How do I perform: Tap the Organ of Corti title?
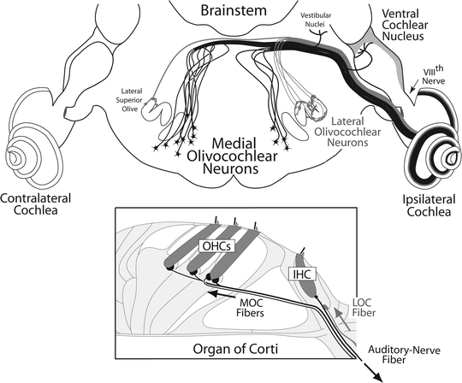tap(232, 349)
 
